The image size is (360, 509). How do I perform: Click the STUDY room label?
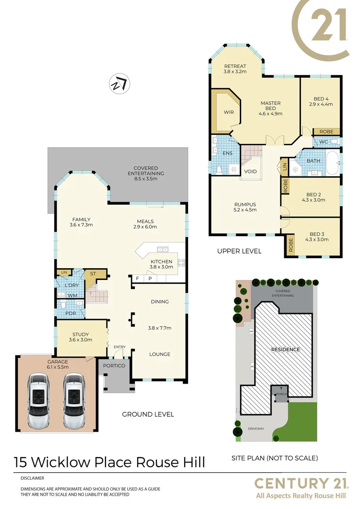click(x=80, y=334)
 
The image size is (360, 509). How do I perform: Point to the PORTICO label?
click(x=114, y=366)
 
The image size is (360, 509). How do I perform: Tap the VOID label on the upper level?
click(x=251, y=171)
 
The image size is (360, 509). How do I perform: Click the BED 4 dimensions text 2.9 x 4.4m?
click(x=321, y=104)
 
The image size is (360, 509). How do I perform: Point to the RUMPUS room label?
click(x=245, y=204)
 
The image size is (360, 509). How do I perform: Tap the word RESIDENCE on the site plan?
click(x=285, y=350)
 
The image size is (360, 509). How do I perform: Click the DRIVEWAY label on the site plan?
click(x=256, y=429)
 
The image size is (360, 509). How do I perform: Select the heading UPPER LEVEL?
click(x=239, y=251)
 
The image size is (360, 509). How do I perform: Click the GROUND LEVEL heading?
click(x=148, y=414)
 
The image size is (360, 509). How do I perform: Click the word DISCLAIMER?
click(x=32, y=477)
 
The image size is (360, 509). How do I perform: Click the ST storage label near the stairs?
click(x=93, y=273)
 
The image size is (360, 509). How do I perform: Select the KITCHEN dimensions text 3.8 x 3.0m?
click(x=162, y=267)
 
